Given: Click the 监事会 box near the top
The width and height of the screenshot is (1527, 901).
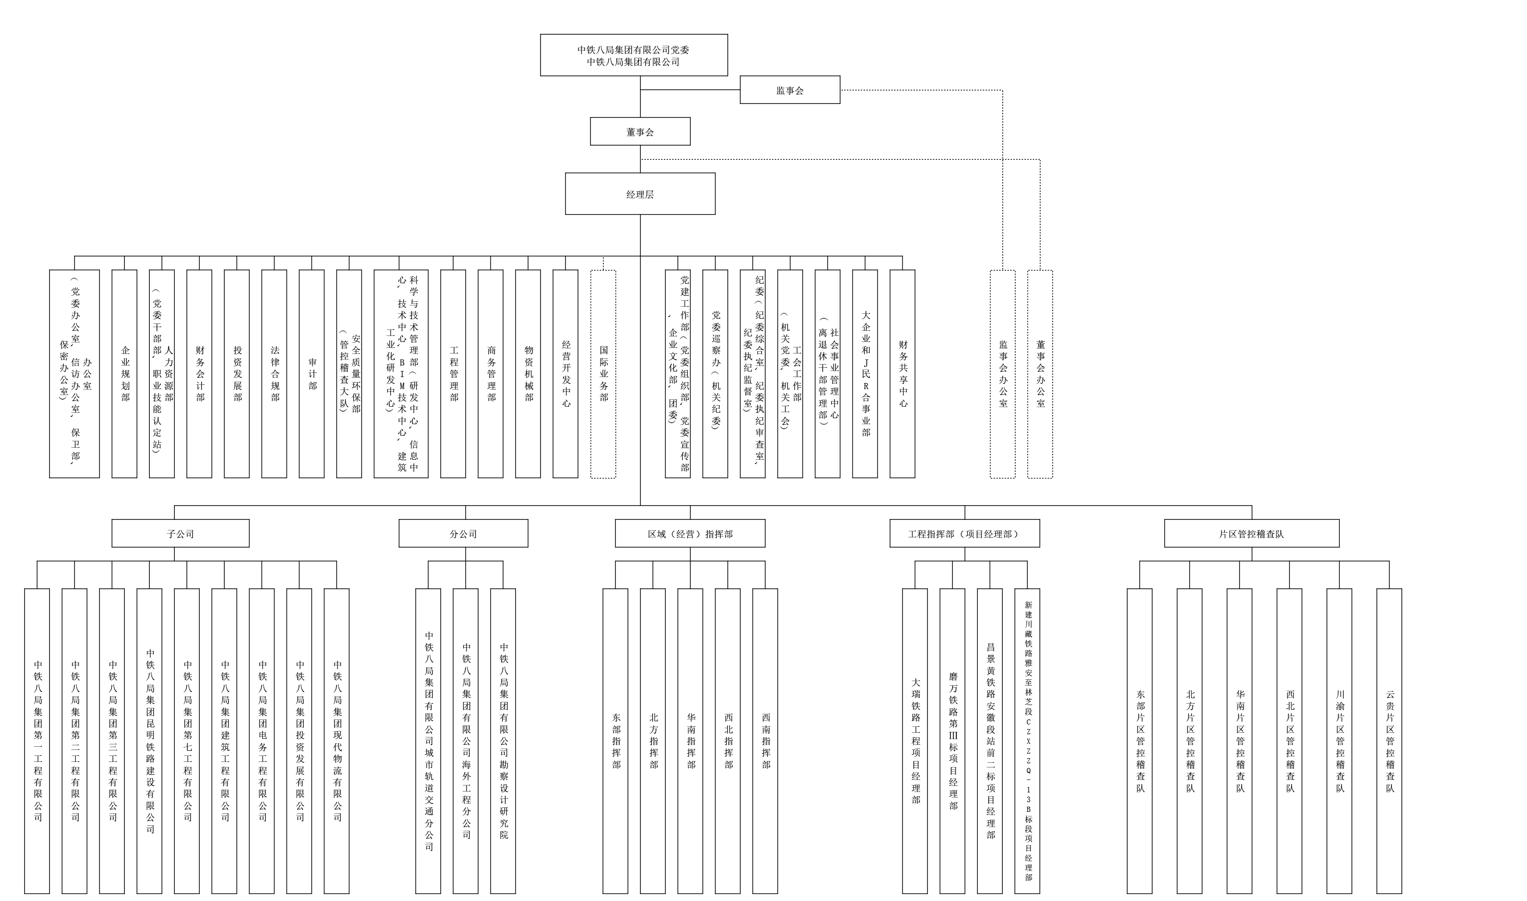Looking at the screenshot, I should click(790, 90).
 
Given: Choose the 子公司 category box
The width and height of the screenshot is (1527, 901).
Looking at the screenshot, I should click(180, 534).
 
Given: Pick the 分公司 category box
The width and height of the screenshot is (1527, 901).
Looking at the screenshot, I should click(463, 534).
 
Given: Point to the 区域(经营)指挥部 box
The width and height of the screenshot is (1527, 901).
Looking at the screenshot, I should click(690, 534).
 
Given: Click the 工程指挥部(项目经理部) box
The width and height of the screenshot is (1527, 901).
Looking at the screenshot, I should click(964, 534).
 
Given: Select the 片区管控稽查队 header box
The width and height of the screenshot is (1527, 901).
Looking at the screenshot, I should click(1251, 534).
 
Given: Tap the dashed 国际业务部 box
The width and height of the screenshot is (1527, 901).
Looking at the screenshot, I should click(603, 374).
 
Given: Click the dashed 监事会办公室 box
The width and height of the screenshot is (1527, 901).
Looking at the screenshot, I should click(1002, 374).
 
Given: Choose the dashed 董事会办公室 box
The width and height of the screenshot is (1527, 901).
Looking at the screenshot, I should click(1040, 374).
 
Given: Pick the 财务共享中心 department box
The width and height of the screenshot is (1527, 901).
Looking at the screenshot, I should click(902, 374).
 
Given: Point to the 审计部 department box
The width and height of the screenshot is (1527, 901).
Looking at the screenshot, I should click(312, 374).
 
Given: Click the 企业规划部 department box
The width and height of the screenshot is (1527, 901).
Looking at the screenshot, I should click(124, 374).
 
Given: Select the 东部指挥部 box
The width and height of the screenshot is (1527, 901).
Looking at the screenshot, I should click(615, 741).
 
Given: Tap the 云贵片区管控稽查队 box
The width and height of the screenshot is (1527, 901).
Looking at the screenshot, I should click(1389, 741).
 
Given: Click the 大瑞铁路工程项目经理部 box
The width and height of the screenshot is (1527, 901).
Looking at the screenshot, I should click(915, 741).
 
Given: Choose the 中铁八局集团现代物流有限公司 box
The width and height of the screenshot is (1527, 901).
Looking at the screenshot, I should click(337, 741).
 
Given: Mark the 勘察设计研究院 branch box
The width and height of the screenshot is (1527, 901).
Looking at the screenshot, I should click(503, 741).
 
